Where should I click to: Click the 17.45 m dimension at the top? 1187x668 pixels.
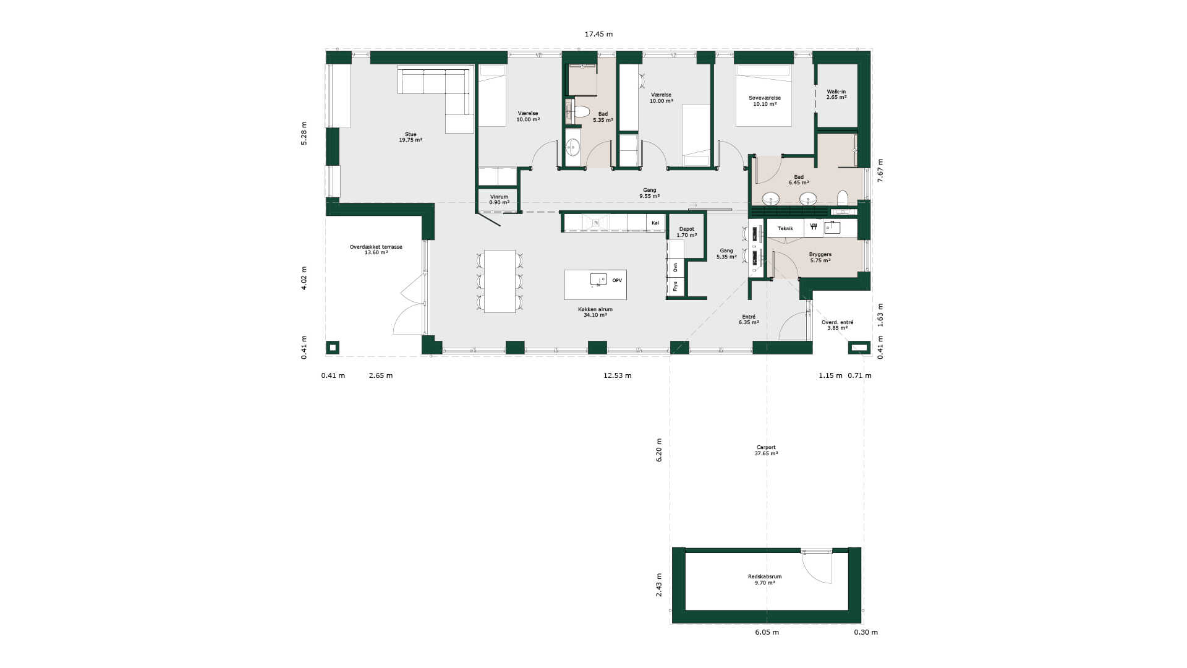click(598, 34)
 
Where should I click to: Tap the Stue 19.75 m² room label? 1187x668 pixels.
click(411, 137)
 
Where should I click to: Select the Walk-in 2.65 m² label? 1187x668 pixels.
click(836, 95)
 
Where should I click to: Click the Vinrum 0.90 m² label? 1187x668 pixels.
click(499, 200)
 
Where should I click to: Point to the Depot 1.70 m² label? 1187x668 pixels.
click(686, 232)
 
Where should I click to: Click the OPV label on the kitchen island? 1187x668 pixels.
click(617, 281)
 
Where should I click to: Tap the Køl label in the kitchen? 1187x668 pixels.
click(655, 223)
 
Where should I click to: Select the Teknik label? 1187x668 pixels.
click(785, 228)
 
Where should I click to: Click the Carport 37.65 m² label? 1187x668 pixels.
click(766, 450)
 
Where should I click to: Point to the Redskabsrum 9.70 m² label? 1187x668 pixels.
click(765, 580)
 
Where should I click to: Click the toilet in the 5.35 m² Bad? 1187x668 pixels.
click(581, 112)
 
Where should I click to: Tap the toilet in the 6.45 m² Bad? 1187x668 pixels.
click(842, 198)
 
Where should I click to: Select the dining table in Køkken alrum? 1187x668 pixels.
click(500, 281)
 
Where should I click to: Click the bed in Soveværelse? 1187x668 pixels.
click(764, 95)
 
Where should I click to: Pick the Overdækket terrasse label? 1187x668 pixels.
click(376, 250)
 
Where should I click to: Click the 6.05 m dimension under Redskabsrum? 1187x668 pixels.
click(767, 632)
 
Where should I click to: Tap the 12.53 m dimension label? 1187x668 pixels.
click(617, 375)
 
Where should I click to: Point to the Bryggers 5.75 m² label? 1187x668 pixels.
click(820, 257)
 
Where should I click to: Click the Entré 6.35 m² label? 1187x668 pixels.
click(749, 320)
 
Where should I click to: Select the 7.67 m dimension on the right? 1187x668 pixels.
click(880, 170)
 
